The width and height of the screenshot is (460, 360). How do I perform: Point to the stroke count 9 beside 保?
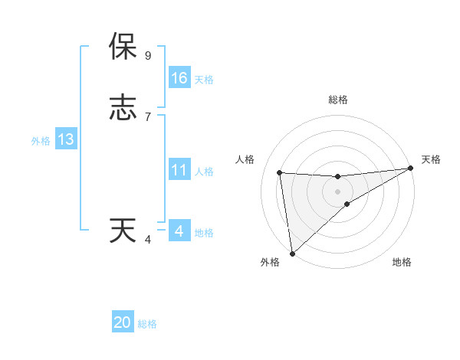148,56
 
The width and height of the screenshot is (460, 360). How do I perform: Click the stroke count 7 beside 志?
148,117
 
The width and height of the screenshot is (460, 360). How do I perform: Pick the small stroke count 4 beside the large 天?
148,240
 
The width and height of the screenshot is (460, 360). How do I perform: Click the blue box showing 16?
179,78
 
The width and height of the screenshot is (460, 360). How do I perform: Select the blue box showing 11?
179,170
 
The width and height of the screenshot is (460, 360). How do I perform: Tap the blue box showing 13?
66,139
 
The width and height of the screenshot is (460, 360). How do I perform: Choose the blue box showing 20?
123,322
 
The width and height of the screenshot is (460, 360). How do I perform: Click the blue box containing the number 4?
179,231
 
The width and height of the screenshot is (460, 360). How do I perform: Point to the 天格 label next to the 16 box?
204,80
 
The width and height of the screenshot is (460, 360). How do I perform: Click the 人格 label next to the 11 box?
204,172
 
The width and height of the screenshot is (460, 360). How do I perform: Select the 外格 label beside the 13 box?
41,141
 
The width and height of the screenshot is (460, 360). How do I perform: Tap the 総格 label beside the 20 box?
147,324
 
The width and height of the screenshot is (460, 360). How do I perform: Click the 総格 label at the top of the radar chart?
337,100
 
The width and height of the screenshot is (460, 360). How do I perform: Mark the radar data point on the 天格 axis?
410,169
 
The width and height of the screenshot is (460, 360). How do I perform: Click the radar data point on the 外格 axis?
292,253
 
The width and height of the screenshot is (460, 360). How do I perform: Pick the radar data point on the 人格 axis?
280,172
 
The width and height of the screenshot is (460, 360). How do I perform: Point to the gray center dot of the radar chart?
337,191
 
